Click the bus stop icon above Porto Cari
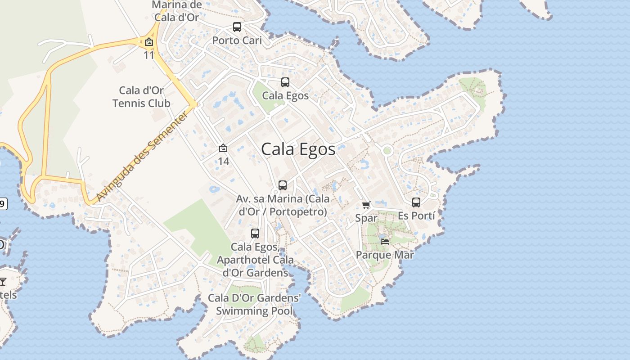237,27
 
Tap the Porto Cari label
237,40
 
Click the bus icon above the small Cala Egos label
285,82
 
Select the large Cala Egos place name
298,149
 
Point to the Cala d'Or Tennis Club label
141,97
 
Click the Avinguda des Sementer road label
142,157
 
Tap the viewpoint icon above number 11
149,42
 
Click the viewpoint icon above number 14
223,148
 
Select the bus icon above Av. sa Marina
283,185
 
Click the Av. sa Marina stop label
283,205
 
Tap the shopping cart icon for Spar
366,205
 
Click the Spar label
366,218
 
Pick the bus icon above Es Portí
416,202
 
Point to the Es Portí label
416,216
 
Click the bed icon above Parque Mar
385,242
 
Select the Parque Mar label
385,255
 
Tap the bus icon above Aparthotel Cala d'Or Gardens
255,234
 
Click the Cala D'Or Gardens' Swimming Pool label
254,305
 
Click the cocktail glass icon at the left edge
3,282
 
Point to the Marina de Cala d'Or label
176,11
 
